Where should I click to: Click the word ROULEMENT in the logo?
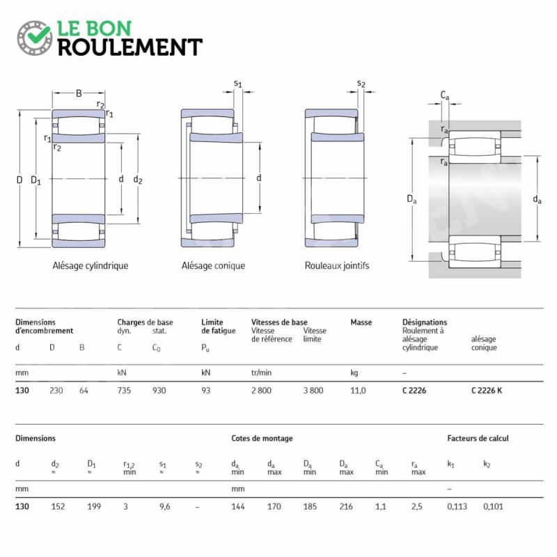click(x=130, y=47)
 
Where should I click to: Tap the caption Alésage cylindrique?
click(x=91, y=266)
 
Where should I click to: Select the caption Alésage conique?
click(x=213, y=266)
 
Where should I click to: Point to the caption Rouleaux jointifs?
click(x=337, y=266)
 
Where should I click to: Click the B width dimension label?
click(x=79, y=93)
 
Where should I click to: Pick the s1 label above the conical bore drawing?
click(x=237, y=84)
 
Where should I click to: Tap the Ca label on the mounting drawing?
click(x=445, y=95)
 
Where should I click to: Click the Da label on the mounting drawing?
click(x=411, y=199)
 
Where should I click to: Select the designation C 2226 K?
click(x=487, y=391)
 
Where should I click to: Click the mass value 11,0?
click(x=358, y=391)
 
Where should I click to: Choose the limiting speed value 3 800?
click(x=313, y=391)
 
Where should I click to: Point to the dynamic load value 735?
click(x=124, y=391)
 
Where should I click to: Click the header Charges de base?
click(x=145, y=322)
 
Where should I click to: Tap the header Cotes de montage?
click(x=262, y=439)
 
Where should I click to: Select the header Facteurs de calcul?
click(x=478, y=439)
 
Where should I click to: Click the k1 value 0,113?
click(x=457, y=507)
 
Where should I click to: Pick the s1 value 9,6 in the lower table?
click(x=164, y=507)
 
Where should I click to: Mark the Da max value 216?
click(x=345, y=507)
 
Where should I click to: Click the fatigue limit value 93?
click(x=205, y=391)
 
